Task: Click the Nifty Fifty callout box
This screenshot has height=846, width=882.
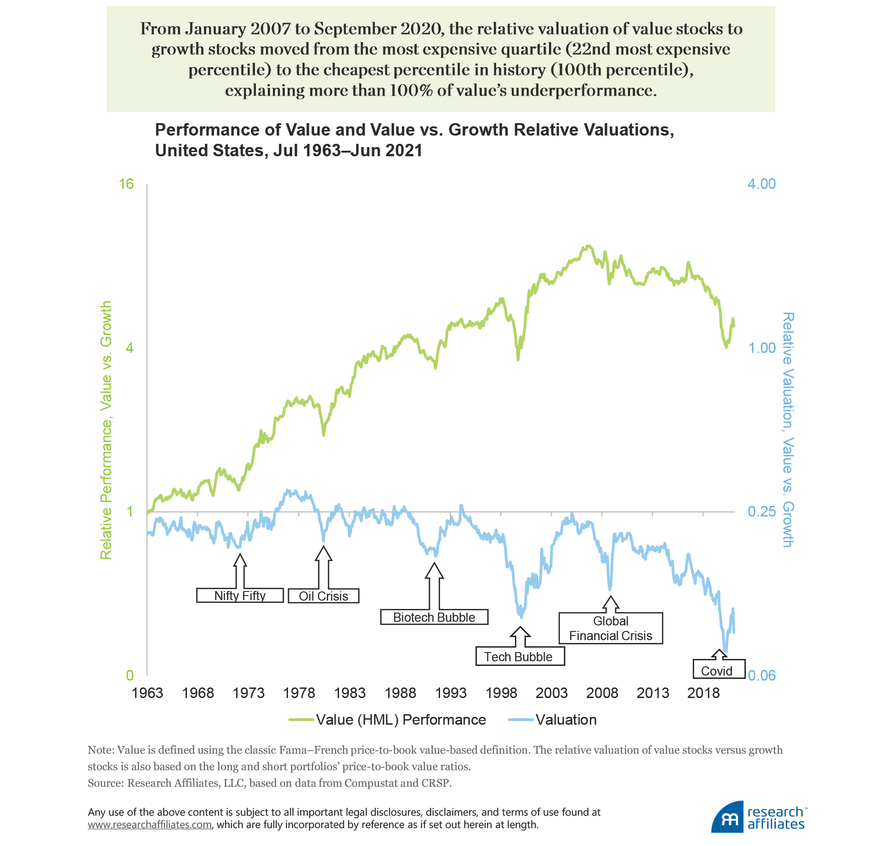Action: click(240, 596)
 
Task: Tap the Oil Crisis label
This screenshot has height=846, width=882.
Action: click(323, 596)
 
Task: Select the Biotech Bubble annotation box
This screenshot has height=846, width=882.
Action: click(434, 617)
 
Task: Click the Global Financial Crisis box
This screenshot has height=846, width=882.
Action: click(611, 628)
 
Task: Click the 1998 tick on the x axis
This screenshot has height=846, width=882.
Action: click(501, 693)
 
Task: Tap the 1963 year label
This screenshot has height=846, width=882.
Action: click(147, 693)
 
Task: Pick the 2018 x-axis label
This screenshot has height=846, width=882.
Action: click(703, 693)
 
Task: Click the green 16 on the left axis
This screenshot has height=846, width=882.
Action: click(126, 184)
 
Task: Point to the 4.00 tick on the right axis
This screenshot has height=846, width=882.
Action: click(761, 184)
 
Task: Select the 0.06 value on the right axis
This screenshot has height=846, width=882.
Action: click(762, 676)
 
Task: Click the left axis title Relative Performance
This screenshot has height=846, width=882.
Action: click(106, 430)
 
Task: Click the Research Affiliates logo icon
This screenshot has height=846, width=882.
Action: click(727, 818)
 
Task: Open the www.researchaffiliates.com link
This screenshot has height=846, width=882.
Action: click(150, 824)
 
